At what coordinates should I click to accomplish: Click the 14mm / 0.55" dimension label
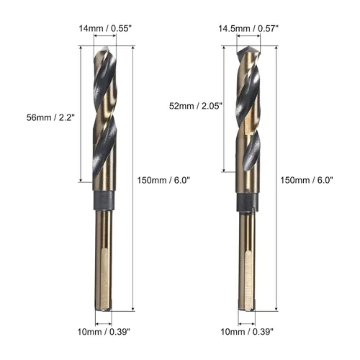pos(105,29)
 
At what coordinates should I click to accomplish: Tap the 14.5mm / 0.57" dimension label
pos(248,29)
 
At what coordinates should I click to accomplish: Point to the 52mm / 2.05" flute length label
pos(196,106)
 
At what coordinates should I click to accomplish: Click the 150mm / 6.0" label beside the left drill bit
pos(163,180)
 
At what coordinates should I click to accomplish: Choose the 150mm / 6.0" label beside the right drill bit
pos(307,180)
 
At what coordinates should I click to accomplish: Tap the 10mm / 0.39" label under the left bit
pos(104,332)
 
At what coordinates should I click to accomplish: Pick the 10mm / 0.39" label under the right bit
pos(247,332)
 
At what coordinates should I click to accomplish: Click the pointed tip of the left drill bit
pos(106,47)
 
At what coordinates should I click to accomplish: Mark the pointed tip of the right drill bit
pos(248,47)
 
